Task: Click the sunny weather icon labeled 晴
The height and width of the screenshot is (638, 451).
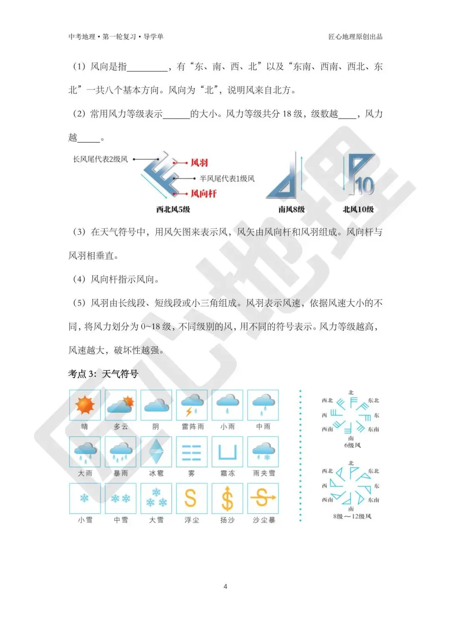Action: click(85, 405)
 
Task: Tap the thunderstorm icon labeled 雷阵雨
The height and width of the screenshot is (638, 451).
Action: click(192, 405)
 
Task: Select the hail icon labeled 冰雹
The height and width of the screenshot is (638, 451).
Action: click(156, 452)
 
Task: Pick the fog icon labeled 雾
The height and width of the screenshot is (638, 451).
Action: click(192, 452)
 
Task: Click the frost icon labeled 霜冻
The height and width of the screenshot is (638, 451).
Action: click(227, 452)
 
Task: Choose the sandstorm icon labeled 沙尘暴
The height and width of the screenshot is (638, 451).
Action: click(263, 498)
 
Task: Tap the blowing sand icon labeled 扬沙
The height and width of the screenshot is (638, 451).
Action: click(227, 498)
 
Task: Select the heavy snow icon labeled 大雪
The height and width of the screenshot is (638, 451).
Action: click(156, 498)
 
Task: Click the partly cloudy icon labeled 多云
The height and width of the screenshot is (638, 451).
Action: click(121, 405)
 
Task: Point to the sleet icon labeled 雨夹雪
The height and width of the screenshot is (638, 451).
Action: click(263, 452)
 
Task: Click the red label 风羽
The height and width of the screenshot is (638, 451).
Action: click(199, 163)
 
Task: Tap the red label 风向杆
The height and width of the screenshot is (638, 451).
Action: click(203, 193)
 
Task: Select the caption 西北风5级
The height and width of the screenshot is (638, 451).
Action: click(173, 209)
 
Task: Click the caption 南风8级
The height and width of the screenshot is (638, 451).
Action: click(291, 209)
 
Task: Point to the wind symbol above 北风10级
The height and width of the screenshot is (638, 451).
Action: click(358, 175)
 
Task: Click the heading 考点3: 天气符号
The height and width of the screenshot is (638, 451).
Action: click(103, 374)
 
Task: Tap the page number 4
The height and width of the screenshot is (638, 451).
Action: click(225, 587)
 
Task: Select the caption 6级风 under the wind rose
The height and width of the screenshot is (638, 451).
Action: click(352, 445)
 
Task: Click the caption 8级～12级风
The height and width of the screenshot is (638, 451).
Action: click(352, 516)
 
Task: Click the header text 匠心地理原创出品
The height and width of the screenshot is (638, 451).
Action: click(355, 37)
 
